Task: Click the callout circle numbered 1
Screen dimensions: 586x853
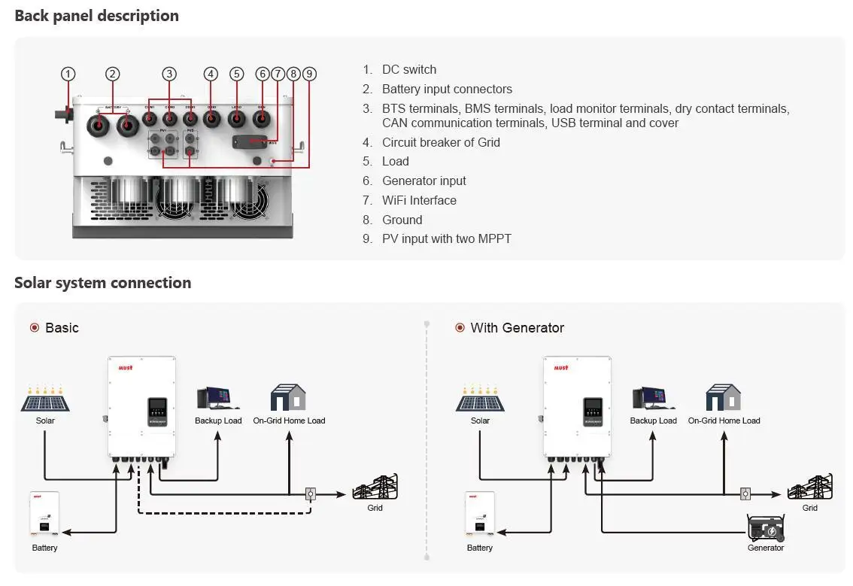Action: [68, 74]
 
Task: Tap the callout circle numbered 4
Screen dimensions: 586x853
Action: [211, 74]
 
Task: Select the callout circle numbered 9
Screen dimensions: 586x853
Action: [309, 74]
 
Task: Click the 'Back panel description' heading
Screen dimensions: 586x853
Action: [97, 16]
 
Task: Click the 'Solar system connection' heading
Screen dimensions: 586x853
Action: [102, 283]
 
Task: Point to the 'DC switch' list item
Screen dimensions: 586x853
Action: [408, 69]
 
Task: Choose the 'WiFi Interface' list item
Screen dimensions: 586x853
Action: [419, 200]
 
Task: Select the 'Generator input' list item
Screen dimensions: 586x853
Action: [423, 181]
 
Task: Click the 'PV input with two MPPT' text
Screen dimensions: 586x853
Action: [446, 238]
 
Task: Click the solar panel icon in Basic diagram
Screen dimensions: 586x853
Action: [45, 399]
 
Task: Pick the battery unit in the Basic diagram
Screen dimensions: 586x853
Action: [44, 515]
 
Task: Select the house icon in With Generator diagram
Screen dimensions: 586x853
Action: [724, 398]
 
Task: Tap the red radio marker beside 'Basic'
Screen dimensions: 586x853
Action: [34, 328]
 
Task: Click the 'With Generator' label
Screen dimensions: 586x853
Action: [517, 328]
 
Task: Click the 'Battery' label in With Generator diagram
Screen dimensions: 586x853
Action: [479, 548]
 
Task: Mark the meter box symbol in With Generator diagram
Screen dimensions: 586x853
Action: [745, 493]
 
